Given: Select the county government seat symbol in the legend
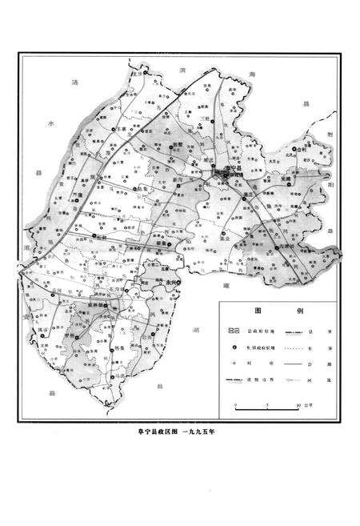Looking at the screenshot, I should point(234,329).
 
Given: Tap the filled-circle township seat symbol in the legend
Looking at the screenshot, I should point(234,346).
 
